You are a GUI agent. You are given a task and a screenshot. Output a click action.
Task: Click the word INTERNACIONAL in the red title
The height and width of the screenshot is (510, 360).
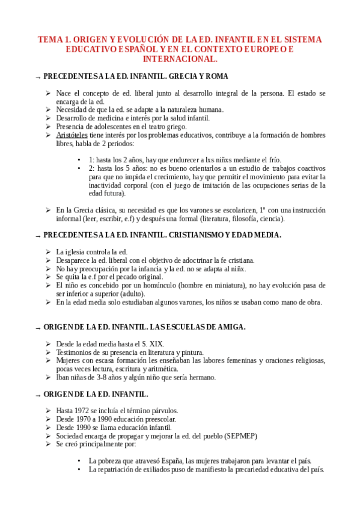point(180,60)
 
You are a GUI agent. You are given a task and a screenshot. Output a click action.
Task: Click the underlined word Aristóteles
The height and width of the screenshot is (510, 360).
point(73,135)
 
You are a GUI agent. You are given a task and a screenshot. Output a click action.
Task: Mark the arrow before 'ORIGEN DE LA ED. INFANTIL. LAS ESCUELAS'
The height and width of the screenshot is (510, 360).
point(38,328)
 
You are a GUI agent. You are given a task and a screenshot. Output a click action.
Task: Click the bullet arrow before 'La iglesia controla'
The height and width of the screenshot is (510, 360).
point(48,252)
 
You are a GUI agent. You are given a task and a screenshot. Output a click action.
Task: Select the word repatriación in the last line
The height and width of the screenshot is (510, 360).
point(114,469)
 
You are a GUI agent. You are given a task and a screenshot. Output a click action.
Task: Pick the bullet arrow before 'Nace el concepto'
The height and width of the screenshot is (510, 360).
point(48,94)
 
